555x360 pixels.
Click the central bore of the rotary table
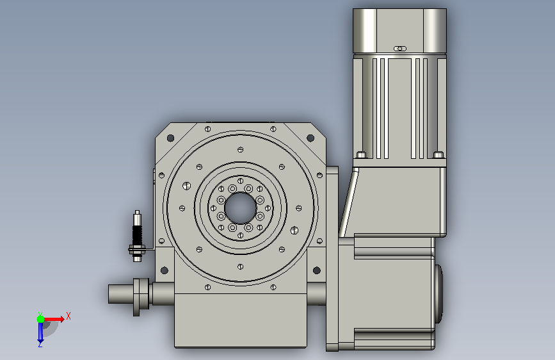(x=240, y=208)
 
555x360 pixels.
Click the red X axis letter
(x=68, y=316)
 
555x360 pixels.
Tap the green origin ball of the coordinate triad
(x=41, y=319)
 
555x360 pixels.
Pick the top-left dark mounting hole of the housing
(x=170, y=138)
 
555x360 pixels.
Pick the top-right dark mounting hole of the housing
(x=310, y=138)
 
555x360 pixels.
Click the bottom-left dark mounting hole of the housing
(x=165, y=271)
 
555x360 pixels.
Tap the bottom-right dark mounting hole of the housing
(x=317, y=271)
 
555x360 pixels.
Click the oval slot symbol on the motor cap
(x=400, y=49)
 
